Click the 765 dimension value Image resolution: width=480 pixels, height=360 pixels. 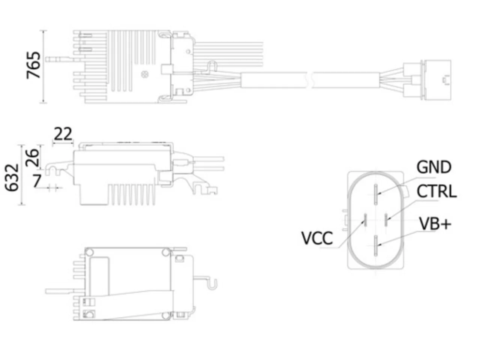pyautogui.click(x=33, y=65)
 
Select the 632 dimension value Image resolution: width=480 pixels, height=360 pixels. pyautogui.click(x=12, y=177)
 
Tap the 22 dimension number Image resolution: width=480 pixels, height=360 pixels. pyautogui.click(x=63, y=134)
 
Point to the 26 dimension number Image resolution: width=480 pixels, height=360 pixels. pyautogui.click(x=32, y=157)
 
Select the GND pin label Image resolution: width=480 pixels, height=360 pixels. pyautogui.click(x=434, y=167)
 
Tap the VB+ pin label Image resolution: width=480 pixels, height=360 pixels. pyautogui.click(x=435, y=223)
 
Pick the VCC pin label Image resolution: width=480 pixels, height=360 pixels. pyautogui.click(x=317, y=238)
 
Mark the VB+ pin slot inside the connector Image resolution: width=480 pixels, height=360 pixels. pyautogui.click(x=376, y=246)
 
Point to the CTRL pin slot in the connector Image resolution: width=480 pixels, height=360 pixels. pyautogui.click(x=386, y=220)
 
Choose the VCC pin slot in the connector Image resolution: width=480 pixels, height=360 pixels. pyautogui.click(x=365, y=220)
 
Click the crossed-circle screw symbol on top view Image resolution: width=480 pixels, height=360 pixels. pyautogui.click(x=144, y=75)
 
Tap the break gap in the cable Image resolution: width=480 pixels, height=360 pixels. pyautogui.click(x=309, y=80)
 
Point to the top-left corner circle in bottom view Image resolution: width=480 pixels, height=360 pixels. pyautogui.click(x=89, y=252)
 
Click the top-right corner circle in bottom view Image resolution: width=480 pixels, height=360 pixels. pyautogui.click(x=166, y=252)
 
